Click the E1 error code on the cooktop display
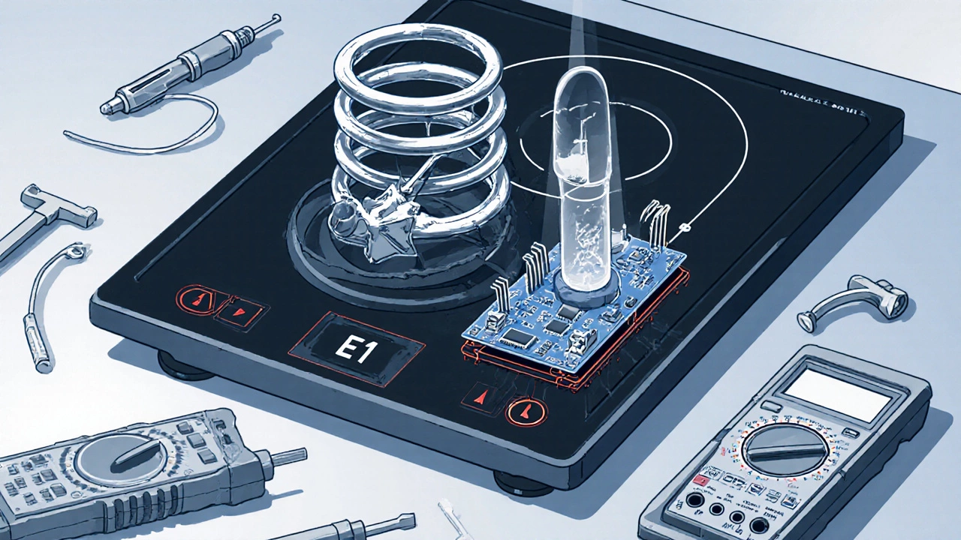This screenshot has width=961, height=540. click(357, 349)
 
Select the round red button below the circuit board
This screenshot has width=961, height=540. click(521, 411)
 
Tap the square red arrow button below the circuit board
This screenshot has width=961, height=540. click(480, 395)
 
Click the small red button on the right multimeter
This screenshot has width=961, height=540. click(700, 478)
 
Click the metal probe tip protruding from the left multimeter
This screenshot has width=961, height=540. click(288, 455)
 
